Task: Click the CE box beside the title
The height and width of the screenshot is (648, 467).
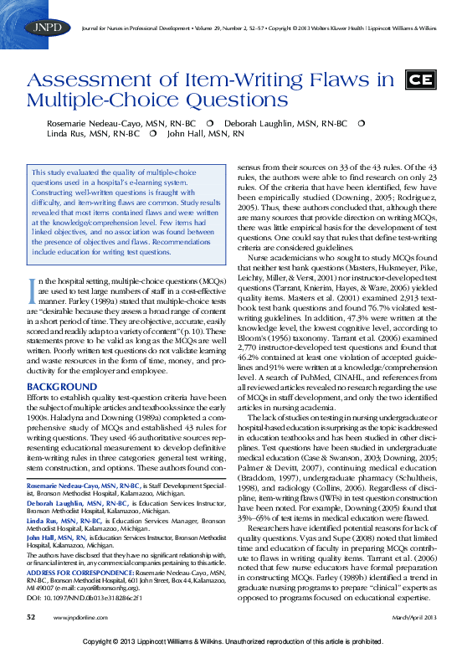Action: (419, 81)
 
